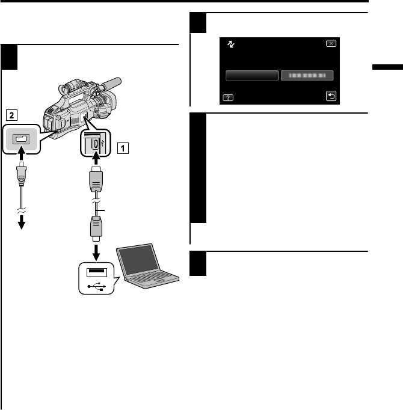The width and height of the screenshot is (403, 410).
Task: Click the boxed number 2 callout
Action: [10, 112]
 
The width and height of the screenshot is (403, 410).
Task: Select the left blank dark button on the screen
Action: [252, 75]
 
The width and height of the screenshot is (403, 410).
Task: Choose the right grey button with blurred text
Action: [307, 75]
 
